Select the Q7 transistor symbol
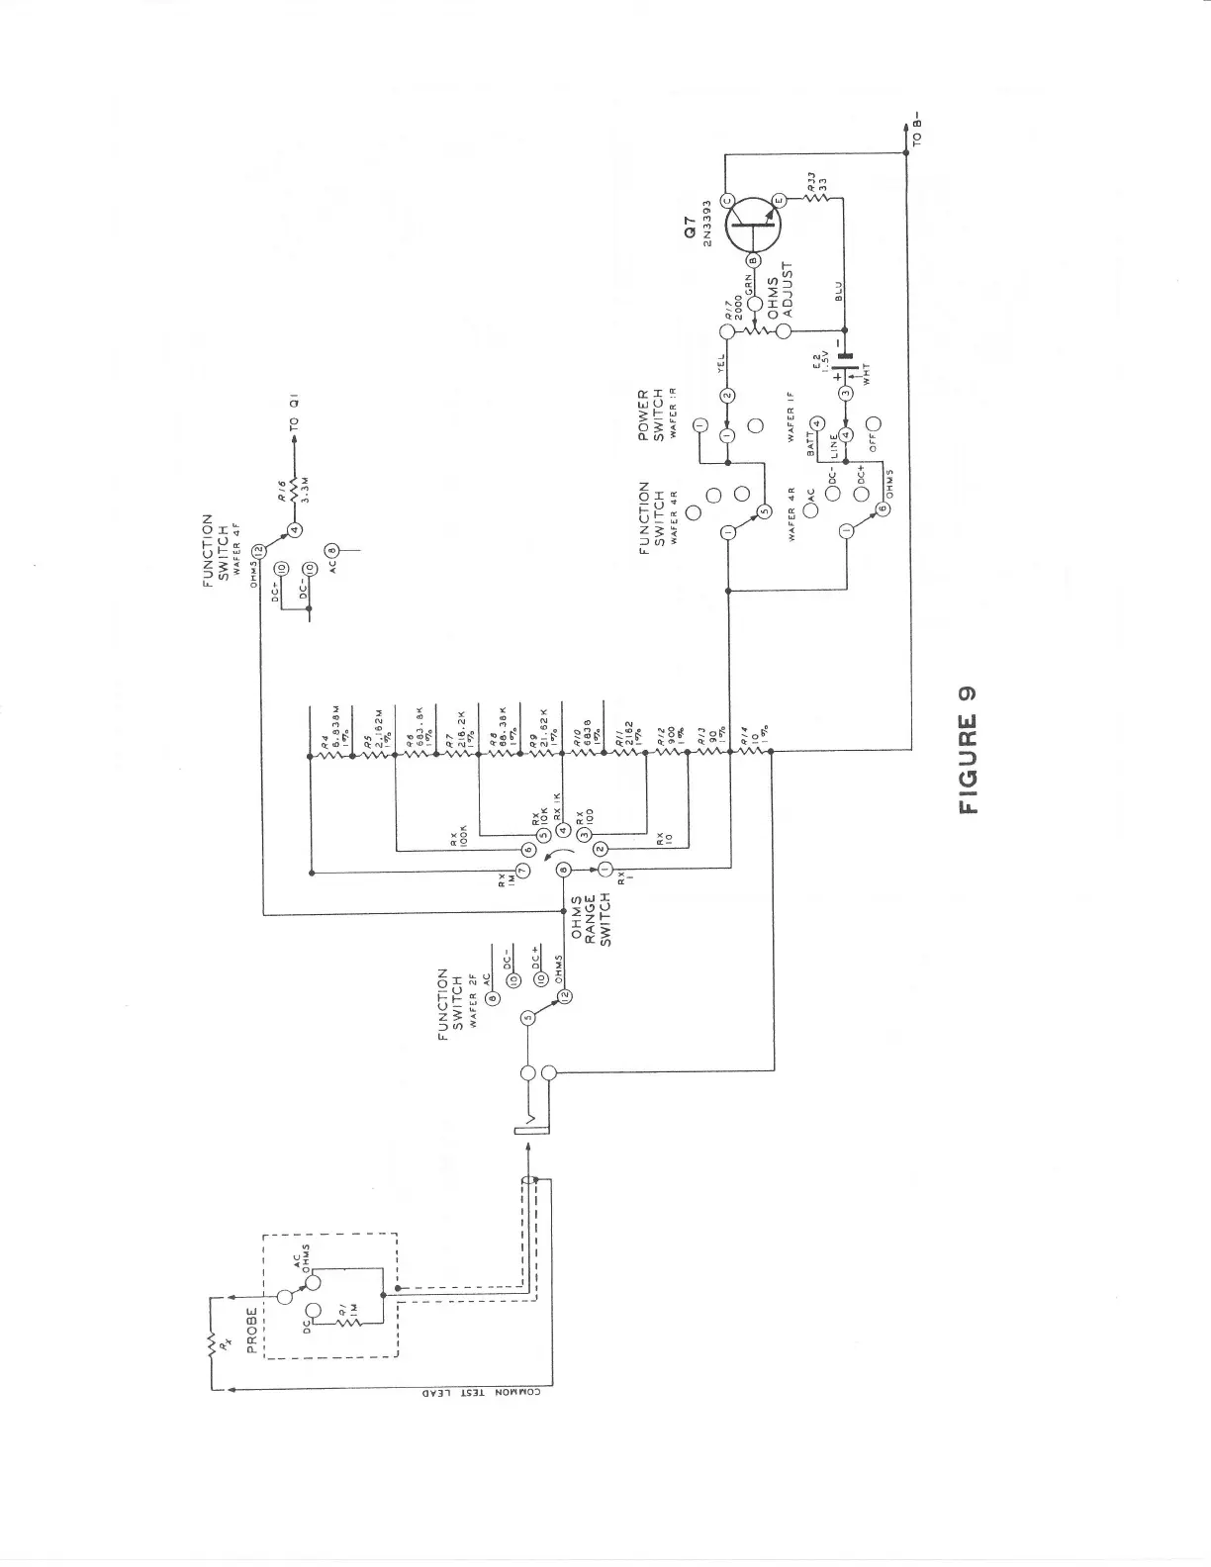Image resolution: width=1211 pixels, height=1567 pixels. pos(753,229)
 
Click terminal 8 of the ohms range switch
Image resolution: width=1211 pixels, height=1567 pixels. pos(564,870)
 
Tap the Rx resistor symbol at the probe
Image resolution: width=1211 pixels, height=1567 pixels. pos(211,1343)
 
